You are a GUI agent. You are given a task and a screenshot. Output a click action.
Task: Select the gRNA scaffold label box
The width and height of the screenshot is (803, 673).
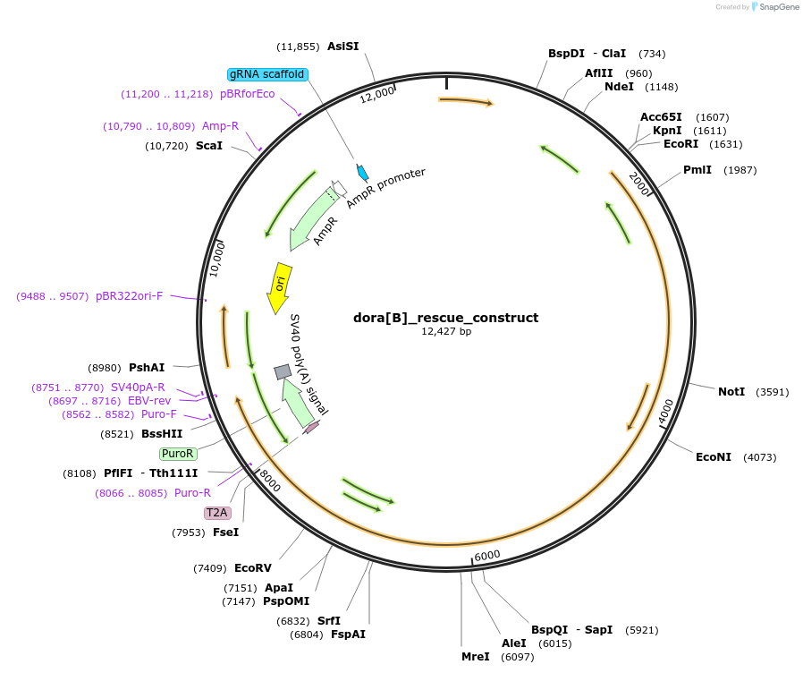(267, 74)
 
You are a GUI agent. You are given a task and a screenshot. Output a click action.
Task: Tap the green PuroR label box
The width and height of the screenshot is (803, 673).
(178, 454)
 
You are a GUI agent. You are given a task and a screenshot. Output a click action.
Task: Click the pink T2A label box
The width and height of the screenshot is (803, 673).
(217, 513)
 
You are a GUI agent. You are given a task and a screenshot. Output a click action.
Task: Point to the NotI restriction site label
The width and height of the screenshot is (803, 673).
(731, 392)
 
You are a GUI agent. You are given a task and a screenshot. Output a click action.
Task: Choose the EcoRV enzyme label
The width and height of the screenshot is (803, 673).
(252, 567)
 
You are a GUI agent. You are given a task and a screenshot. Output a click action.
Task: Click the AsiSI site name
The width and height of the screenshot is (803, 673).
(342, 47)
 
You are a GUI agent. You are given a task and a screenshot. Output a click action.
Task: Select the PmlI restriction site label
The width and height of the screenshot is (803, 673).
(697, 170)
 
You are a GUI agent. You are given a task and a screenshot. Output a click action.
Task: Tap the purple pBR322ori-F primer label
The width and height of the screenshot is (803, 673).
(130, 296)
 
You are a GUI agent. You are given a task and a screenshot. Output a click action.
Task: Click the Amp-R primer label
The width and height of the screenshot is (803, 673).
(220, 126)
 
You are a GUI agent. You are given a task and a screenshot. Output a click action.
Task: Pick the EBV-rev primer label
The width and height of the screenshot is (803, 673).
(149, 401)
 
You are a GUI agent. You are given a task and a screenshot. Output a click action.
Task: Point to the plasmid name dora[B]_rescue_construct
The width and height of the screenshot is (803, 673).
(446, 318)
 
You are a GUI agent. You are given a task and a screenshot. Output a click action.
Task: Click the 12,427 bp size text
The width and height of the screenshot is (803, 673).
(446, 332)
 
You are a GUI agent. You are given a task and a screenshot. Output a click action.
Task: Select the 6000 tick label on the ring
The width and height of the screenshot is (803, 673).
(487, 556)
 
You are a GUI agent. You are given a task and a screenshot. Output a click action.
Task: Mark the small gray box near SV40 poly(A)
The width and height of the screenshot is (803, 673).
(283, 371)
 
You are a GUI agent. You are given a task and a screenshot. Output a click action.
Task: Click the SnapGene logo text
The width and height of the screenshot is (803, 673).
(777, 7)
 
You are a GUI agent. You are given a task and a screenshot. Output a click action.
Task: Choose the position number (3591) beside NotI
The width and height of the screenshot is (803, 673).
(773, 392)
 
